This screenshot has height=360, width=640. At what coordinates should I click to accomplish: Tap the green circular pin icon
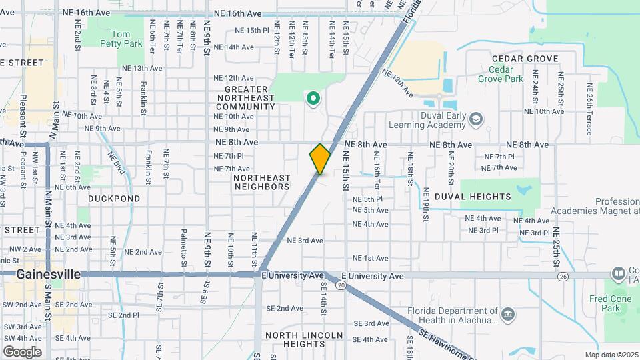(x=313, y=99)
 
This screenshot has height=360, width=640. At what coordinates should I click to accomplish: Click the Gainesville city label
(x=48, y=274)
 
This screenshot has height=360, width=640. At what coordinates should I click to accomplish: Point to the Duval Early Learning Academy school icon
(x=476, y=119)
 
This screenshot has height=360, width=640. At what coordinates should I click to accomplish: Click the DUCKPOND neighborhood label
(x=115, y=199)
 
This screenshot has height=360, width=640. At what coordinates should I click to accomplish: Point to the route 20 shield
(x=341, y=285)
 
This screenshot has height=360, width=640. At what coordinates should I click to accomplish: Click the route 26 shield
(x=563, y=276)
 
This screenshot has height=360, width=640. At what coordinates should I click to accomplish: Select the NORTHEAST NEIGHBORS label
(x=262, y=182)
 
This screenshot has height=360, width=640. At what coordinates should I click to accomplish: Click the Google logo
(x=22, y=351)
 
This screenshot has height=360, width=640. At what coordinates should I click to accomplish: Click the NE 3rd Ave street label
(x=305, y=241)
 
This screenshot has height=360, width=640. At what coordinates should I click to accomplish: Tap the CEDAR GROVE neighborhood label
(x=525, y=59)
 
